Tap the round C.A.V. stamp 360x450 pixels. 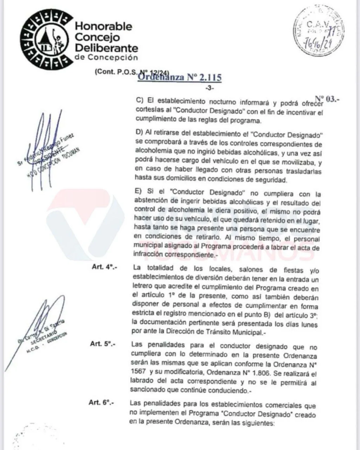coord(318,32)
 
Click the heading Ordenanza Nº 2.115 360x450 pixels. coord(179,77)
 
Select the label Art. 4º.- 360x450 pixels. coord(104,267)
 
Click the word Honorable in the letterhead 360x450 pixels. coord(104,26)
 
